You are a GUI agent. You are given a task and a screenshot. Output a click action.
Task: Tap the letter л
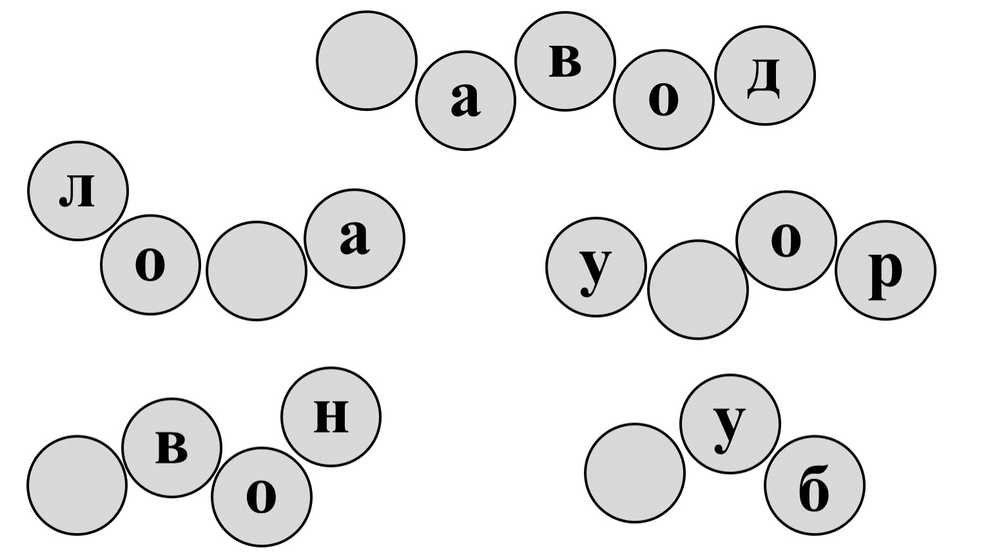[x=77, y=191]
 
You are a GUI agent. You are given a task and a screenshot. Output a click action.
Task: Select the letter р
[x=886, y=274]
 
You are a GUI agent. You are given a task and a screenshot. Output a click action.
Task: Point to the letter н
[x=331, y=416]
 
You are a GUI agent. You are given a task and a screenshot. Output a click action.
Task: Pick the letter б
[x=814, y=488]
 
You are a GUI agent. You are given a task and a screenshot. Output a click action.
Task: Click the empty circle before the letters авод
[x=367, y=61]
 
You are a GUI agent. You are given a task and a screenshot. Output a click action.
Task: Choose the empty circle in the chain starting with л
[x=257, y=271]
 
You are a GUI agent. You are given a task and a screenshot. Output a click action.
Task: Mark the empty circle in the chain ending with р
[x=698, y=289]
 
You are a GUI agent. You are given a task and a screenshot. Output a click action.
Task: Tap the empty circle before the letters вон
[x=77, y=485]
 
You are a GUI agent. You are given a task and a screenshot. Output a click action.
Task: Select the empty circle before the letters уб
[x=635, y=473]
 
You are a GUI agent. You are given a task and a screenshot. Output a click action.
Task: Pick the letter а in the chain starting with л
[x=354, y=239]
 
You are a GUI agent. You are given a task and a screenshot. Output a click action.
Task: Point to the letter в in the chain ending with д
[x=565, y=62]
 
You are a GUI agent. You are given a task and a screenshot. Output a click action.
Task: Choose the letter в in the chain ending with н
[x=171, y=448]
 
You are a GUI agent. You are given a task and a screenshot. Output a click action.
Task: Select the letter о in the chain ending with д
[x=663, y=100]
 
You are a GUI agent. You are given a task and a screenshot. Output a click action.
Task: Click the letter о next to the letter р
[x=786, y=240]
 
